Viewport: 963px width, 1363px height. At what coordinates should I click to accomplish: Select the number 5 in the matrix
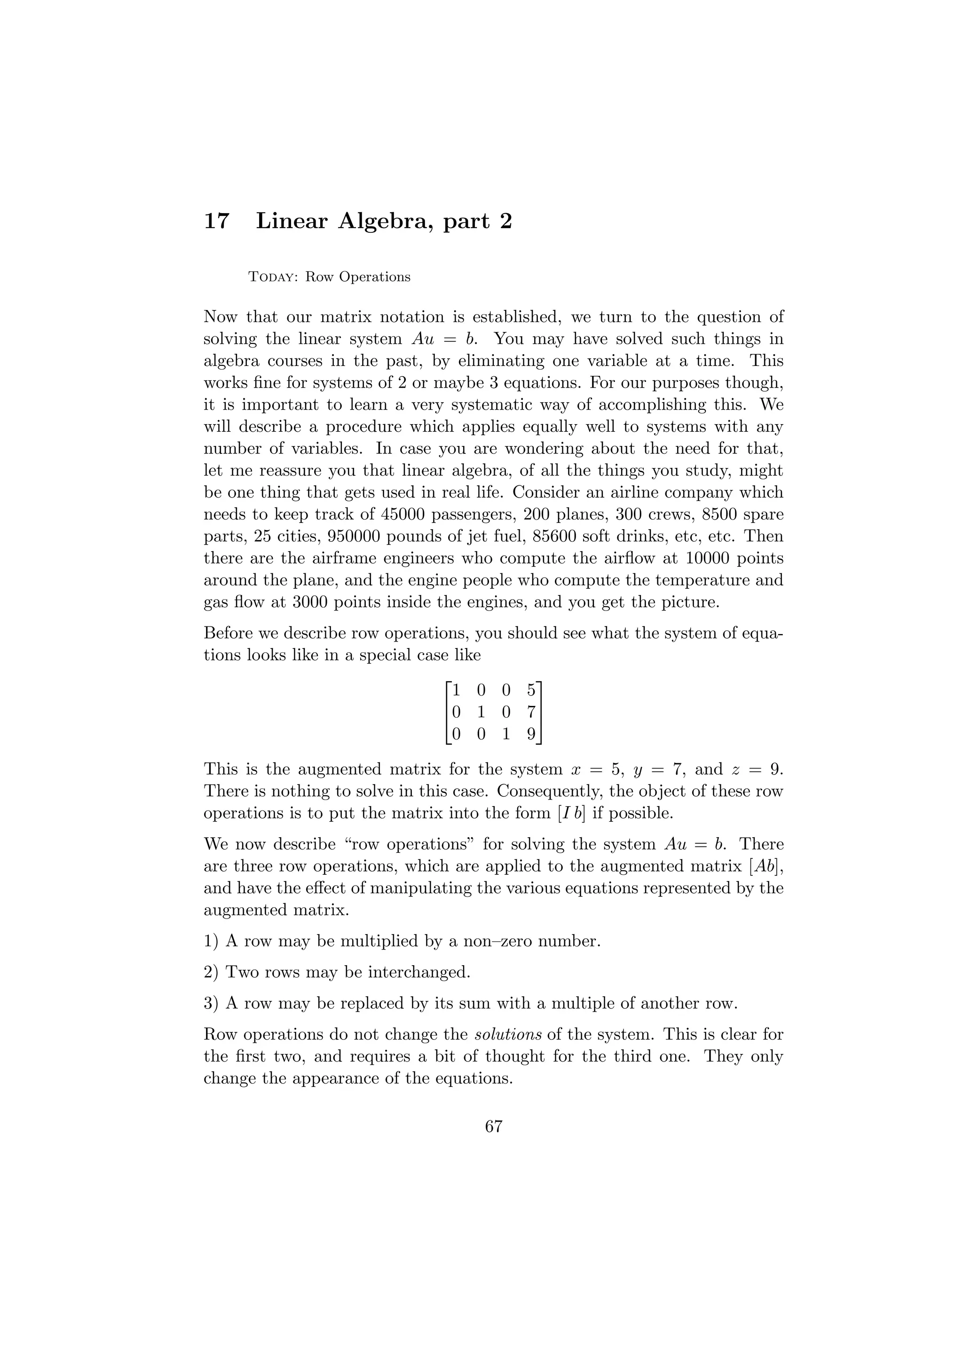coord(531,690)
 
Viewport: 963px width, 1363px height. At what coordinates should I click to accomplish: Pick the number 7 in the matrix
coord(531,712)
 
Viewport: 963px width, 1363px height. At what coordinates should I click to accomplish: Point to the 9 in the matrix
coord(531,734)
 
